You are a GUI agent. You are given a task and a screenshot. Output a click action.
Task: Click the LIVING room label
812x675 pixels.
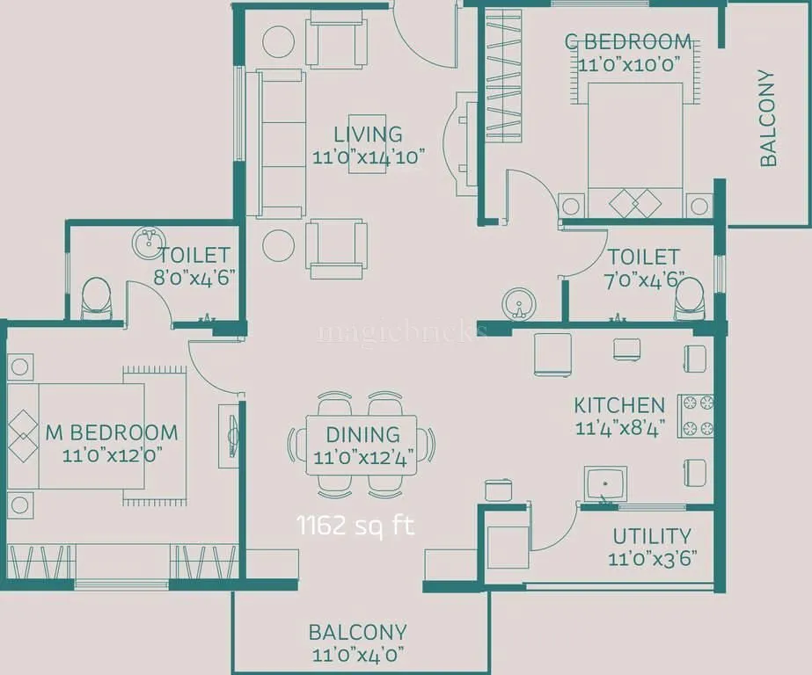point(368,134)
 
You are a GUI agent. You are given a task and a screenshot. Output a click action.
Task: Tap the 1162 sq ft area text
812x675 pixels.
point(355,526)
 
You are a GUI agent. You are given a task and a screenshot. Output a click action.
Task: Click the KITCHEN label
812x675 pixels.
point(619,406)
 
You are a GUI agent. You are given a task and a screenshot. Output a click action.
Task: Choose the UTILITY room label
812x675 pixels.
point(651,536)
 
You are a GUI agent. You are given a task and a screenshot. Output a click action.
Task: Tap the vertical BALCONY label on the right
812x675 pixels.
point(768,118)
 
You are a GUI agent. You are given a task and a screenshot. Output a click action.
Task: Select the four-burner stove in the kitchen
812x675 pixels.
point(695,416)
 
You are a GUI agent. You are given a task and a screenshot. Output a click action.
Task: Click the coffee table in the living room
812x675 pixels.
point(366,143)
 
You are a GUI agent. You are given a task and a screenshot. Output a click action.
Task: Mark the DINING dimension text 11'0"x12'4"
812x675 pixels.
point(363,457)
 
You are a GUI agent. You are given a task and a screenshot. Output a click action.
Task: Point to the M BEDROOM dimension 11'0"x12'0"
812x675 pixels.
point(112,455)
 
